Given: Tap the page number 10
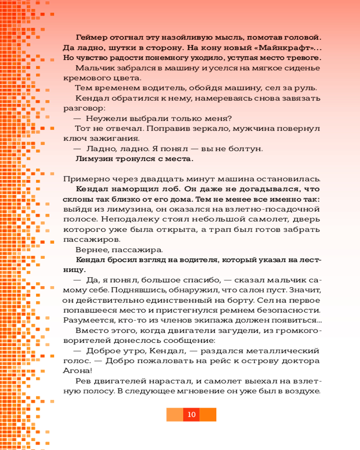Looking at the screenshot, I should pos(191,414).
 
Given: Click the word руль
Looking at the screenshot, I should pos(307,88).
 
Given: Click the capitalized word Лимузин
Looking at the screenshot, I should pos(94,158).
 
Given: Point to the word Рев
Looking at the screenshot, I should pos(83,381).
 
